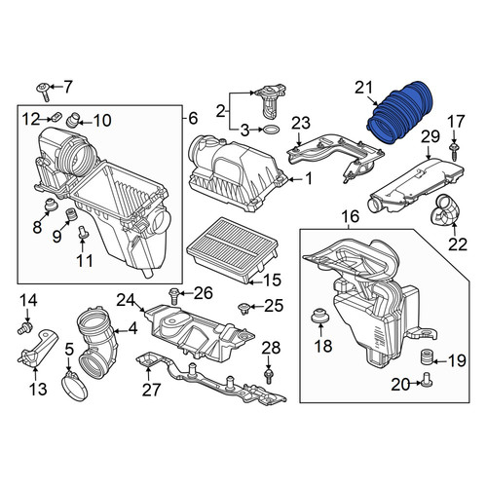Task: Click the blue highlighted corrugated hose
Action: click(399, 112)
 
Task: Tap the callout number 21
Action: click(364, 88)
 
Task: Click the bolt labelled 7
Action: click(44, 92)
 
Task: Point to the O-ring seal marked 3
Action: click(270, 130)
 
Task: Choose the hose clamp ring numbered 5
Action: click(74, 386)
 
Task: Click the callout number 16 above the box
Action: click(351, 216)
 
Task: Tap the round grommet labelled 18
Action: click(319, 316)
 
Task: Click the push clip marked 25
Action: click(243, 308)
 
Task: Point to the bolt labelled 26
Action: click(173, 295)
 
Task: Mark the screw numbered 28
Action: click(269, 377)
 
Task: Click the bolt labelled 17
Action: click(454, 151)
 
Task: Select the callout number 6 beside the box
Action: click(193, 119)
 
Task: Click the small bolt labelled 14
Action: click(24, 328)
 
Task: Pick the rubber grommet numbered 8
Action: click(51, 205)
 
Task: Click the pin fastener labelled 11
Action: click(82, 233)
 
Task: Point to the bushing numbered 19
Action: click(427, 357)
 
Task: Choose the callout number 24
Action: click(126, 300)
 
